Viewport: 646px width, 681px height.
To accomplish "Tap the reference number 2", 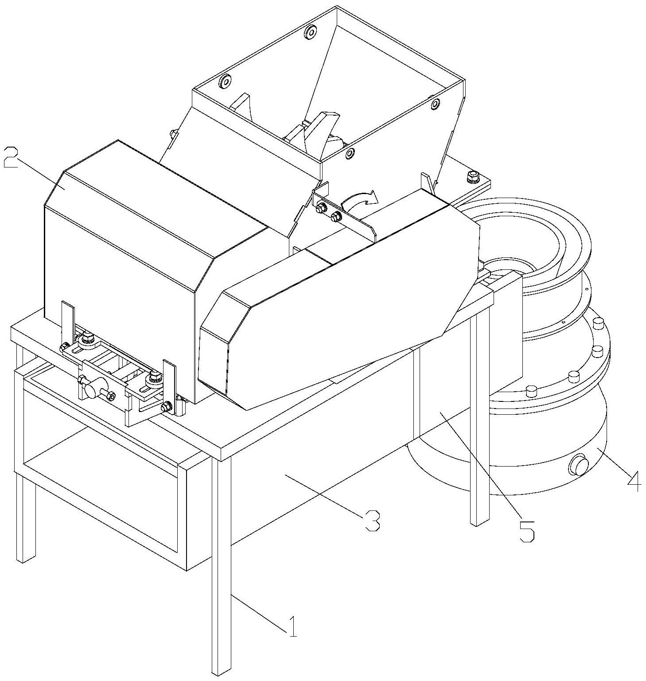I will click(11, 157).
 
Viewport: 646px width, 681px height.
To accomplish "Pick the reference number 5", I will click(526, 530).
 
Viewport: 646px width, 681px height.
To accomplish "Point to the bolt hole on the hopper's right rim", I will click(435, 104).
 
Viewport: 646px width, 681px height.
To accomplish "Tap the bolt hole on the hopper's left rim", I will click(225, 81).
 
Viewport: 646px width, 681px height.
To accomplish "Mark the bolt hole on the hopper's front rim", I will click(350, 154).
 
